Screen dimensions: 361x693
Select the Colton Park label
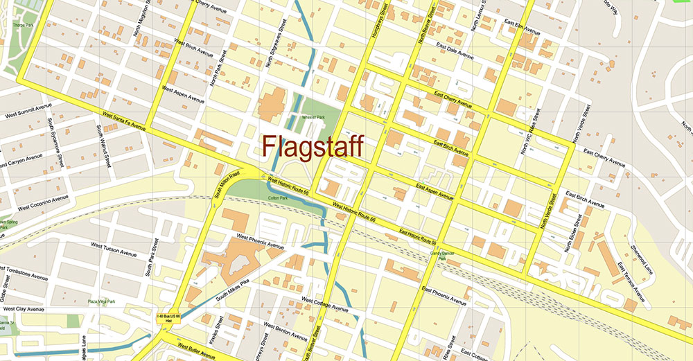tap(277, 198)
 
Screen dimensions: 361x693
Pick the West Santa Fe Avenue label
tap(123, 123)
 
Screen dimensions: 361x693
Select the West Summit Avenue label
tap(28, 111)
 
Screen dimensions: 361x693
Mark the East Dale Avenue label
tap(455, 51)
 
